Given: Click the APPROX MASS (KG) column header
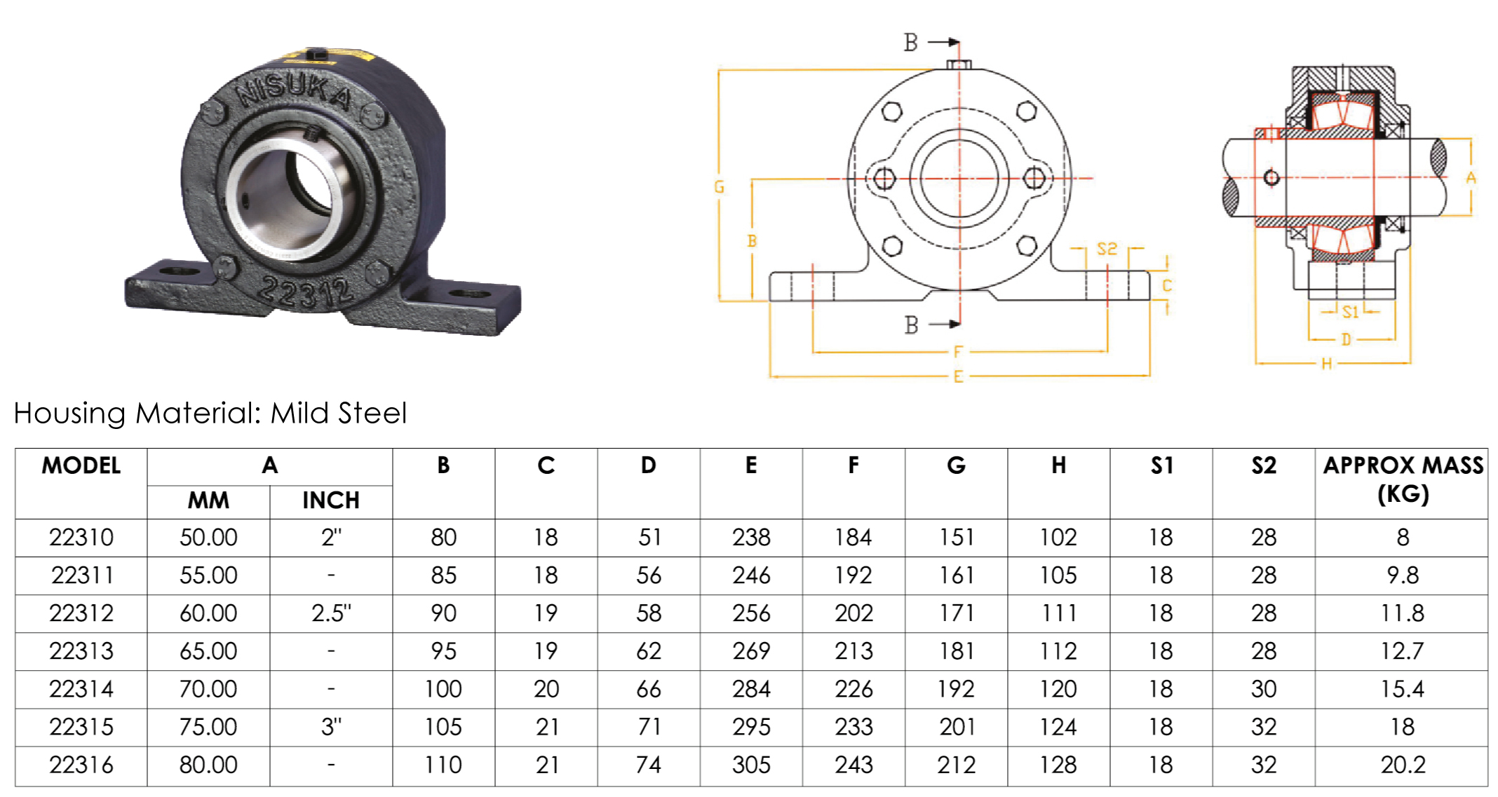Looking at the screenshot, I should (1403, 480).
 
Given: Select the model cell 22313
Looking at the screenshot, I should (81, 651).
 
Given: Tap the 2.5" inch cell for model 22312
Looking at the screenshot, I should (331, 613).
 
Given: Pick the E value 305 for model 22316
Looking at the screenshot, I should (751, 765).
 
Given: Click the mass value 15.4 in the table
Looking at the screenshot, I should (1402, 689).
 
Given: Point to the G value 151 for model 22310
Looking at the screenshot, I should (956, 538).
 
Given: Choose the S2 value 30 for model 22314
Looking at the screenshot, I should (1264, 689).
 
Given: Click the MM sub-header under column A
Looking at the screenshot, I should (208, 500).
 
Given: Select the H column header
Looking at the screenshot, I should (1058, 465).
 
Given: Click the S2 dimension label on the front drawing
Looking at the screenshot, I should (1107, 249).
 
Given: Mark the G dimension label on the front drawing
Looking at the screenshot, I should (719, 187).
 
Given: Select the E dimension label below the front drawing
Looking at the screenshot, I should (958, 377).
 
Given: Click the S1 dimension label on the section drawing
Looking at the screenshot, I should (1350, 313).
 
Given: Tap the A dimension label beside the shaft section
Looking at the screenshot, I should (1471, 178).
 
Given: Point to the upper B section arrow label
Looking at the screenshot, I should (910, 43).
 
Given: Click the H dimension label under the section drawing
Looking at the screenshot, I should (1326, 364).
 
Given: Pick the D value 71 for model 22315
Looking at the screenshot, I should (649, 727).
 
